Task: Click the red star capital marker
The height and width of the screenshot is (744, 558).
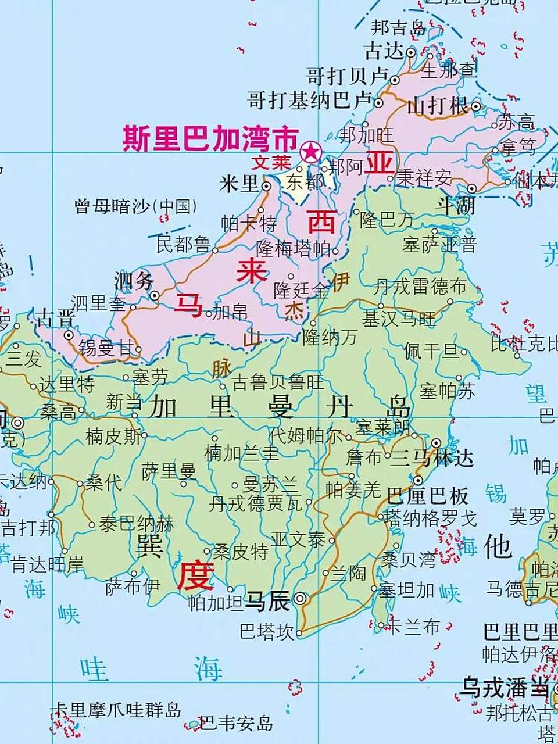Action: [x=310, y=152]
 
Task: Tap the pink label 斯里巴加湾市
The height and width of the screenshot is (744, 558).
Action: [x=210, y=139]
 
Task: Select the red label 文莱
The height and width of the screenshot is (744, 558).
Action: [x=271, y=162]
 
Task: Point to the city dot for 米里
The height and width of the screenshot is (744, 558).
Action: [x=266, y=187]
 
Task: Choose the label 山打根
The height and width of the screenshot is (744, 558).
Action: [x=437, y=106]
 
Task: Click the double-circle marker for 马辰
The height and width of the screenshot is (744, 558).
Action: [x=301, y=598]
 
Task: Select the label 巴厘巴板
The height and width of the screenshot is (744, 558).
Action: [x=427, y=496]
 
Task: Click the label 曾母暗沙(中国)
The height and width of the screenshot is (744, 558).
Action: [x=135, y=206]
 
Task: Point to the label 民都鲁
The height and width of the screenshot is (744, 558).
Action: [x=183, y=244]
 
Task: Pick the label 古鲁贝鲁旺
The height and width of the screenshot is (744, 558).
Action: [x=278, y=382]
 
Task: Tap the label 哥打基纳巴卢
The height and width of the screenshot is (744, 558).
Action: [x=309, y=101]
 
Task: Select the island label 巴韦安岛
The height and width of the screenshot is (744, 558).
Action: [x=236, y=724]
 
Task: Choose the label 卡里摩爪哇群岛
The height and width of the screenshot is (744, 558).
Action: [x=116, y=710]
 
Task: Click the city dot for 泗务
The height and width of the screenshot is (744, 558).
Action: [x=155, y=296]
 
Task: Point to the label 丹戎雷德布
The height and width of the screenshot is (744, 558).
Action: [x=420, y=286]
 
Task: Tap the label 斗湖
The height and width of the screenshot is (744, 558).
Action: [x=456, y=205]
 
